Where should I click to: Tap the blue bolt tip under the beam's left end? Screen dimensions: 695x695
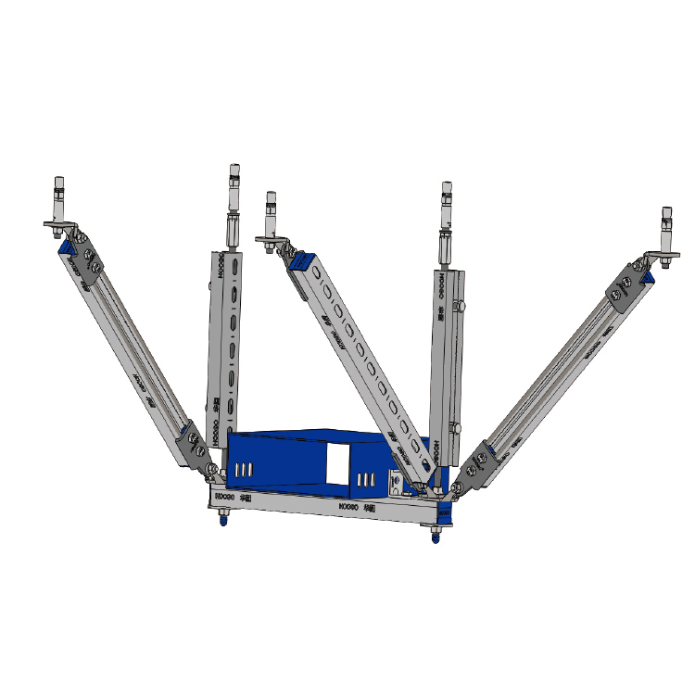[x=222, y=520]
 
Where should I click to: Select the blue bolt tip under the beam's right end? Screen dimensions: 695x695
[x=434, y=537]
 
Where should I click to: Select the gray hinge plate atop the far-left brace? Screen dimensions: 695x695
[x=86, y=259]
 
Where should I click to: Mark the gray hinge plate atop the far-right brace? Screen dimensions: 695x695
[x=624, y=287]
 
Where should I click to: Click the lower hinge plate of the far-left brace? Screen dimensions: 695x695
[x=196, y=444]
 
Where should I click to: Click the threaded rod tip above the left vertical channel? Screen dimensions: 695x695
[x=233, y=176]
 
